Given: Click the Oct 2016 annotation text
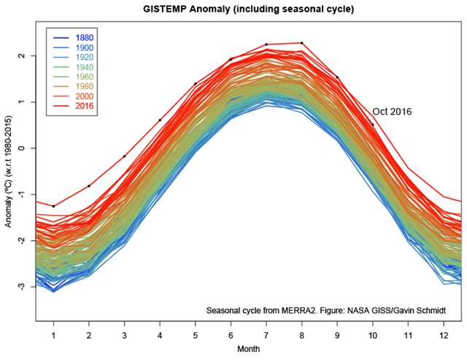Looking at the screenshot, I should click(x=393, y=112).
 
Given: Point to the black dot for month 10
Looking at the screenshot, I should click(x=373, y=124).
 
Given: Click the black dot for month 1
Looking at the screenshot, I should click(x=53, y=206).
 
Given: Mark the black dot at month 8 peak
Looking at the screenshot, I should click(x=302, y=43).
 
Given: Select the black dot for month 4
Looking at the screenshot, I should click(x=160, y=120).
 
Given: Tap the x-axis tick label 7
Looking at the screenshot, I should click(x=266, y=334).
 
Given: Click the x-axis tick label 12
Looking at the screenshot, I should click(x=444, y=334).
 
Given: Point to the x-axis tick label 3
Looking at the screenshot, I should click(x=124, y=334).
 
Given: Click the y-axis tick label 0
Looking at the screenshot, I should click(x=23, y=148).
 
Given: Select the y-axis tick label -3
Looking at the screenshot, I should click(x=22, y=287).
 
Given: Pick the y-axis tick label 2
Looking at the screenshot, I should click(x=23, y=55).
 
